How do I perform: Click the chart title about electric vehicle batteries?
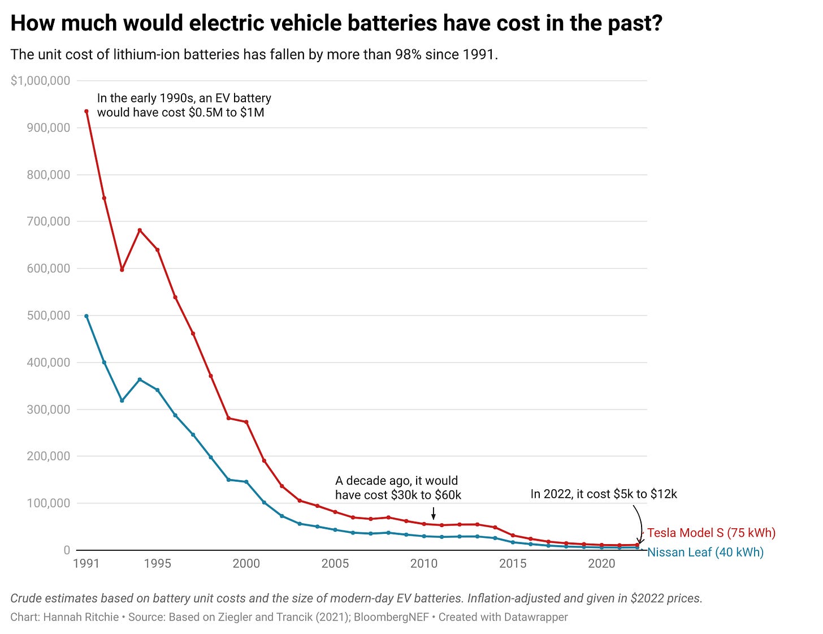[336, 23]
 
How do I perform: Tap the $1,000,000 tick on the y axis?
[41, 81]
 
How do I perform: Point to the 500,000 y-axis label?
[49, 316]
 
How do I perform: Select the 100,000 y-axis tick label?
[49, 503]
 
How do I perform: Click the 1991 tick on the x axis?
[86, 563]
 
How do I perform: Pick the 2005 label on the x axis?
[335, 563]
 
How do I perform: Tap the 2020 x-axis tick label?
[601, 563]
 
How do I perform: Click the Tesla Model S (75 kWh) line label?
[711, 533]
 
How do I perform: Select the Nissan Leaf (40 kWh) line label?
[705, 553]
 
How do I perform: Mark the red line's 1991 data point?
[86, 111]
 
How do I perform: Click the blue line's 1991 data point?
[86, 316]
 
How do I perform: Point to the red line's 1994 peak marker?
[140, 230]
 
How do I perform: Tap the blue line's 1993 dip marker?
[122, 400]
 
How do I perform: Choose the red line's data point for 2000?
[246, 422]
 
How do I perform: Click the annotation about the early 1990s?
[183, 105]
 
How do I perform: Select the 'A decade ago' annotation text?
[398, 488]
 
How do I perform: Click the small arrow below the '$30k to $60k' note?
[434, 514]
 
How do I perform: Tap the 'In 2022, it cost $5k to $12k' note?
[603, 494]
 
